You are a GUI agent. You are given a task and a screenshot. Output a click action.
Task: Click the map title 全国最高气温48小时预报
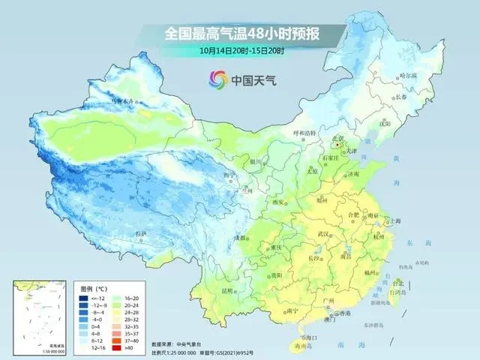pos(239,33)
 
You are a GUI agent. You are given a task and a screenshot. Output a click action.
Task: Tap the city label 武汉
pos(325,234)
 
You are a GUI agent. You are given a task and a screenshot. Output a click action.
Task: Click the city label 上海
pos(390,221)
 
